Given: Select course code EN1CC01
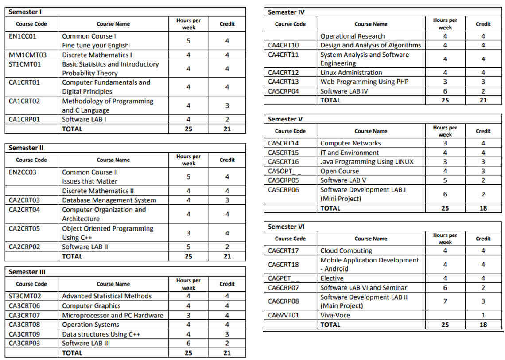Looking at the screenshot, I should (23, 36).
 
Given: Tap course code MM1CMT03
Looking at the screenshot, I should (27, 55).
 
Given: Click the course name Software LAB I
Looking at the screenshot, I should (84, 119).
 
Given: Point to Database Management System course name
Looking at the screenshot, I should (109, 200).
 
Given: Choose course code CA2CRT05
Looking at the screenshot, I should (24, 229).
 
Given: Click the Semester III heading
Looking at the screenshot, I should (27, 272).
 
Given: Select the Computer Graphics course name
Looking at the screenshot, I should (91, 305).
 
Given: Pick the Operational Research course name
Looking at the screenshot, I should (353, 36).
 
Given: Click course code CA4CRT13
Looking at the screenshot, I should (284, 82).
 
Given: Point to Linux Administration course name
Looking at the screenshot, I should (351, 73).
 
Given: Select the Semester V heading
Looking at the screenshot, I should (285, 119).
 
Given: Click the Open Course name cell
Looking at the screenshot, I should (340, 171).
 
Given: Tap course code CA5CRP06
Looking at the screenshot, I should (284, 189).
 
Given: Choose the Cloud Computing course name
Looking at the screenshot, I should (346, 251).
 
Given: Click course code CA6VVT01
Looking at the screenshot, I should (284, 315).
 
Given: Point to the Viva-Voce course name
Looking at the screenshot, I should (335, 315).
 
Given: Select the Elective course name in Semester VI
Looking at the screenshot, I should (332, 278).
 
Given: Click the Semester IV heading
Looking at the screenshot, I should (286, 12).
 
